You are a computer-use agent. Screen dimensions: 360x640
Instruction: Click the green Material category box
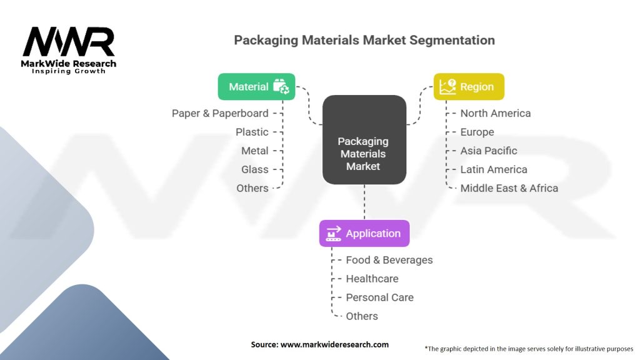click(256, 87)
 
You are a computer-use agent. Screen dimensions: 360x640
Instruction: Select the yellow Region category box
click(469, 87)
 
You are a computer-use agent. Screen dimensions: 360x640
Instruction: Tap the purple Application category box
click(364, 233)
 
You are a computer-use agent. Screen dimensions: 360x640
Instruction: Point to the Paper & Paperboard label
click(220, 113)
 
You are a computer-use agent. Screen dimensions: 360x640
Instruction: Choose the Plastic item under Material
click(252, 132)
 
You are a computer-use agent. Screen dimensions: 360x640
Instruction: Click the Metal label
click(255, 151)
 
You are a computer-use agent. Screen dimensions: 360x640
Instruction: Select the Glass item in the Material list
click(255, 169)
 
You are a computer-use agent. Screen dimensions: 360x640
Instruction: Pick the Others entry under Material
click(252, 188)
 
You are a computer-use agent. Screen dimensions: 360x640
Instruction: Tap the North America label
click(496, 113)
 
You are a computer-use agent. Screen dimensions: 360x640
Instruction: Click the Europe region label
click(477, 132)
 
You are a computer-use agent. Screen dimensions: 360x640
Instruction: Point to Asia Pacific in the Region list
click(489, 151)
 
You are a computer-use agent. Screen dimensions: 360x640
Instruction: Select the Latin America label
click(494, 169)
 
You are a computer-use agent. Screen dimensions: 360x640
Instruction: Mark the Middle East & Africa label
click(509, 188)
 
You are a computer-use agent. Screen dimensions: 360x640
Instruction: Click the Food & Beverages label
click(389, 260)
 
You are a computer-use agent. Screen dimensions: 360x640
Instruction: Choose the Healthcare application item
click(372, 279)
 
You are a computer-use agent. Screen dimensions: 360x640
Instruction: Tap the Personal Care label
click(380, 297)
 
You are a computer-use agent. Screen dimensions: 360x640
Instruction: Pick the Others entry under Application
click(362, 316)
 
